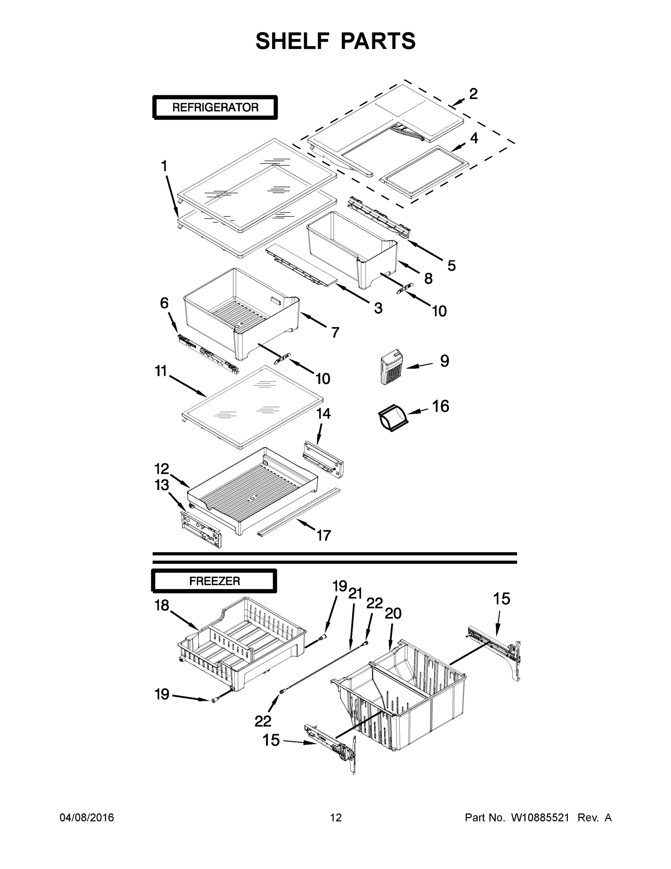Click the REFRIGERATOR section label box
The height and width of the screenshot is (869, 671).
[215, 108]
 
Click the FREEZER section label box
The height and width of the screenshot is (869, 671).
[214, 581]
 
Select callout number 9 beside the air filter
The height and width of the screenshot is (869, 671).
[445, 361]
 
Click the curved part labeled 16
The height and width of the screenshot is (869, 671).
[392, 418]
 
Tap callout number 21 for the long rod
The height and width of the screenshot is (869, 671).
[355, 594]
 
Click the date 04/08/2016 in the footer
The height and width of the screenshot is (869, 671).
[87, 818]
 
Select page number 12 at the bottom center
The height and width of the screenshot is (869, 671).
[336, 818]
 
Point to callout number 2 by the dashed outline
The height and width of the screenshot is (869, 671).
[473, 94]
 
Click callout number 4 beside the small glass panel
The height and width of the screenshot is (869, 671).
[474, 138]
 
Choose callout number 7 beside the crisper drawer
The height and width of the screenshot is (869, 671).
[335, 332]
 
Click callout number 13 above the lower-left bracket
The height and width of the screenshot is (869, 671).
[162, 485]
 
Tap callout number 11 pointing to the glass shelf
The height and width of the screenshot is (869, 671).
[161, 371]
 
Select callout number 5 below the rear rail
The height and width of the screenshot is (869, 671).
[451, 265]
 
